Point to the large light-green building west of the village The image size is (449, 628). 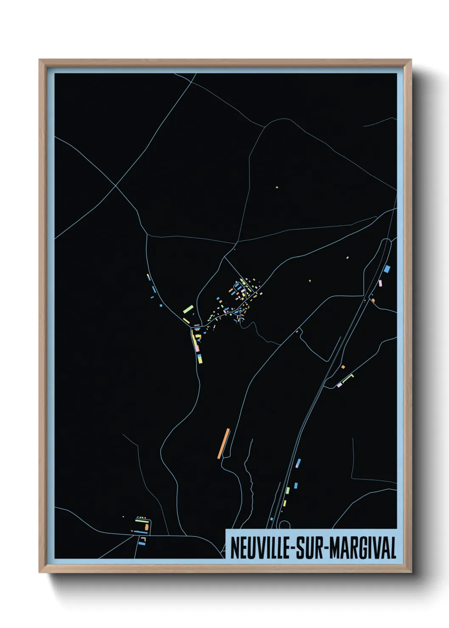(188, 308)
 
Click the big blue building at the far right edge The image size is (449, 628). (387, 269)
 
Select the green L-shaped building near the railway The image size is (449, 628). (349, 377)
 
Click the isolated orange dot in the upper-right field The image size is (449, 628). (277, 187)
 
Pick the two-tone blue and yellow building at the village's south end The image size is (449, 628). (200, 359)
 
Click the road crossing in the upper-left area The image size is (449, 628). (115, 185)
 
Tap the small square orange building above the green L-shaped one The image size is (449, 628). (343, 367)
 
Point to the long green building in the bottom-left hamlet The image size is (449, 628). (141, 520)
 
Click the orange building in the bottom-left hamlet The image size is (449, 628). (147, 527)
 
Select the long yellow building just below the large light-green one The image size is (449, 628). (186, 320)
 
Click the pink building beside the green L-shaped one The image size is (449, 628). (339, 385)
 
